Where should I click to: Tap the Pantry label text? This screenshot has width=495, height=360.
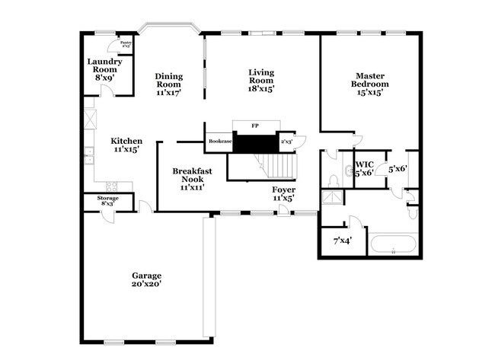click(126, 43)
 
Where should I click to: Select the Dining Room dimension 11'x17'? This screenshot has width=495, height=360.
click(168, 92)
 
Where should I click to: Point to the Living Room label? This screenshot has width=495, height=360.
click(261, 73)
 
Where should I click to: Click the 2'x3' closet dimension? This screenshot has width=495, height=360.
click(288, 142)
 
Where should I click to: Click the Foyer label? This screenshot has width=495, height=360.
click(283, 189)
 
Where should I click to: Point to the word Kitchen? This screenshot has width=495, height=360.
click(126, 141)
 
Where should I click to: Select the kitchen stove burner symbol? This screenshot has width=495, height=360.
click(112, 186)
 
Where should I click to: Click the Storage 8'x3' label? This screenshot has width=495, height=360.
click(107, 201)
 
